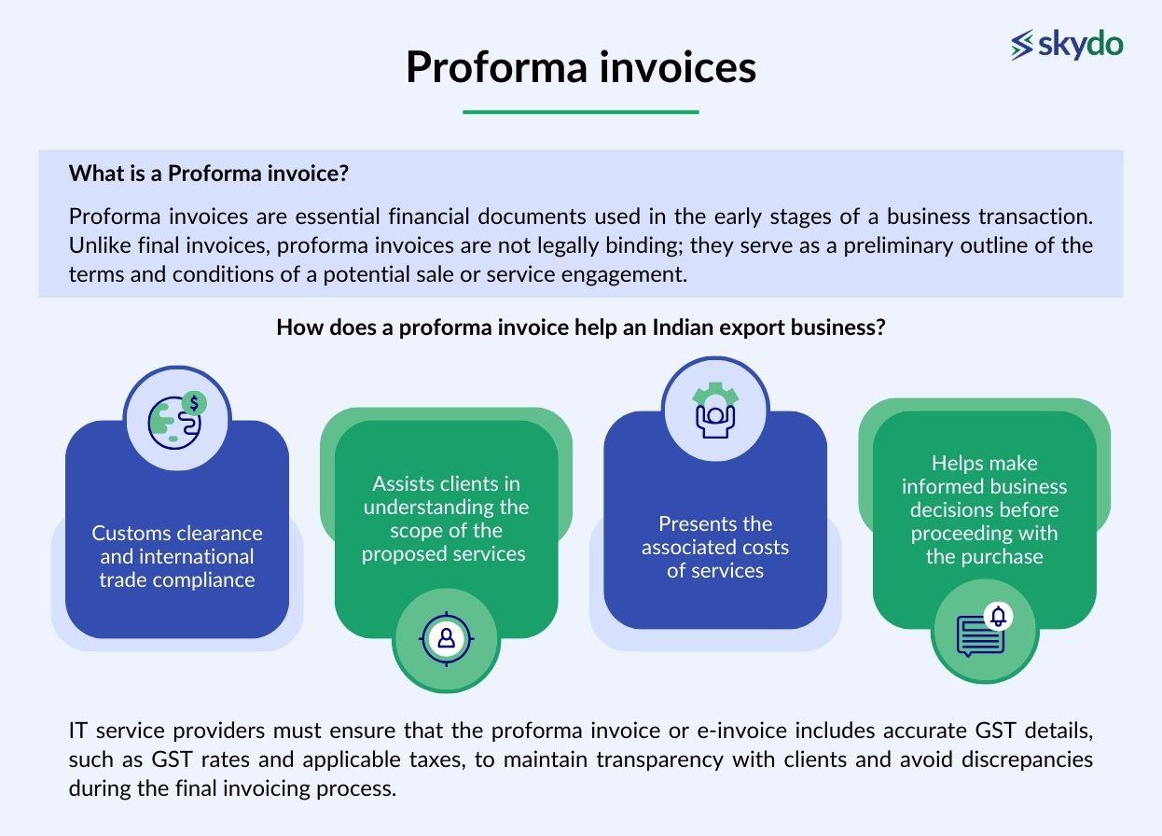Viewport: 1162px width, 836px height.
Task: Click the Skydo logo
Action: tap(1067, 45)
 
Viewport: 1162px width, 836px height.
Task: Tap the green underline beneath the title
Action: tap(580, 112)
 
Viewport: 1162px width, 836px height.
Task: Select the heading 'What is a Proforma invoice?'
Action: tap(214, 174)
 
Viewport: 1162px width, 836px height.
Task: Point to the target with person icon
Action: tap(446, 638)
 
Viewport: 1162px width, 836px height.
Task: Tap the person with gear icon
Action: tap(715, 409)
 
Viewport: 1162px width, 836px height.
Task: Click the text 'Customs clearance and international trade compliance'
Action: tap(177, 556)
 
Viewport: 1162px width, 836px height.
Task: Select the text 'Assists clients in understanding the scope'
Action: tap(446, 519)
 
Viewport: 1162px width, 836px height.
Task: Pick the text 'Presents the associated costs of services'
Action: tap(715, 547)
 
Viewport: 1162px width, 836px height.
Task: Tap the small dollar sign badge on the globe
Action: tap(194, 403)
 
